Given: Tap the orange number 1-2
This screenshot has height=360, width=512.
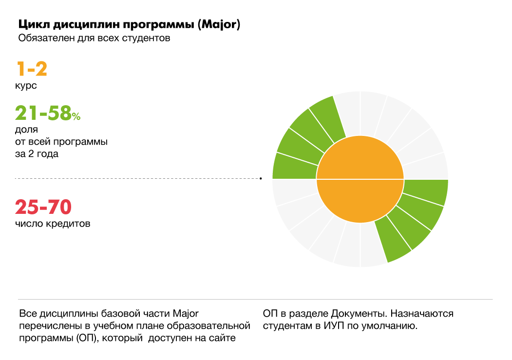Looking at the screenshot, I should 32,69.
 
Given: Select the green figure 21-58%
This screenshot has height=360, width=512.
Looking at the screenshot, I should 48,113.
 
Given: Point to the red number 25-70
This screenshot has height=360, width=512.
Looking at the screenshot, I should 43,207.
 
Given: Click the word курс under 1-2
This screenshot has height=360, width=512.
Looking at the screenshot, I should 27,86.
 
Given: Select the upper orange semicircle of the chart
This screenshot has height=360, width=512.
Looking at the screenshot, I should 360,158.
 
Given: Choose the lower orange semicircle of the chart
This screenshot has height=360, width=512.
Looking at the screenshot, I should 360,200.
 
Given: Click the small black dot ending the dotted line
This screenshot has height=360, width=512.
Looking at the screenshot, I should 261,179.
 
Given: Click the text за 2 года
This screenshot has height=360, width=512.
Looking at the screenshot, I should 37,154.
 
